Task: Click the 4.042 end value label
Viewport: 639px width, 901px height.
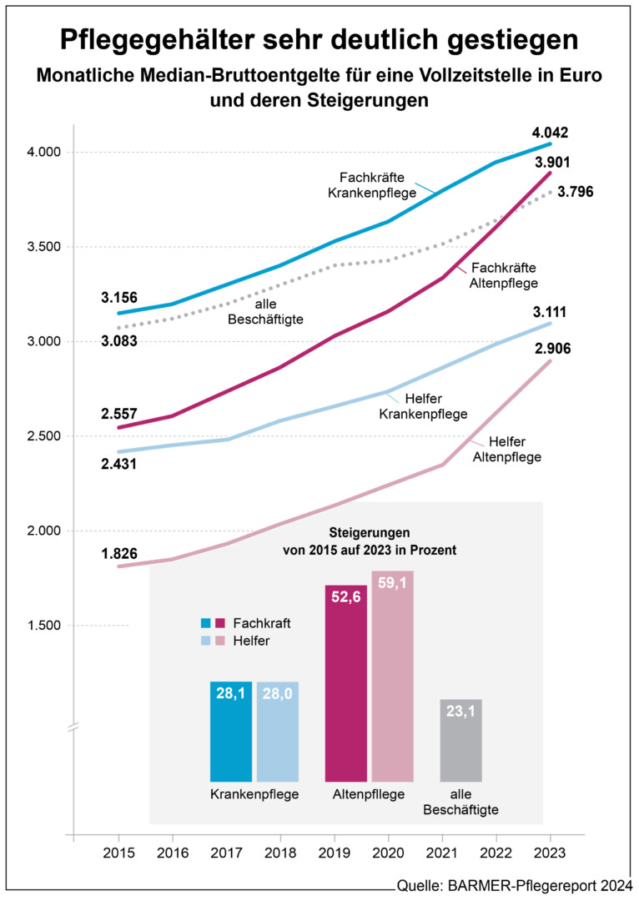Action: click(550, 133)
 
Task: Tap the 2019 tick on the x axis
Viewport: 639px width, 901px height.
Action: click(335, 853)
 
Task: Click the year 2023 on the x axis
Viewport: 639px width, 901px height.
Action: click(551, 853)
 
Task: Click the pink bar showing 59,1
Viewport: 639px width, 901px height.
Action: click(393, 676)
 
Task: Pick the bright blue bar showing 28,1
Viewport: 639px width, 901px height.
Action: click(231, 731)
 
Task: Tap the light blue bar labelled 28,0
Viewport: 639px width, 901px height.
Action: click(278, 731)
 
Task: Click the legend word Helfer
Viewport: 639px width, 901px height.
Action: click(252, 641)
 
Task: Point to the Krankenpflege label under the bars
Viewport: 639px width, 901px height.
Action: click(254, 794)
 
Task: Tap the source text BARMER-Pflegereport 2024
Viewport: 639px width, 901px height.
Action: click(541, 885)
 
